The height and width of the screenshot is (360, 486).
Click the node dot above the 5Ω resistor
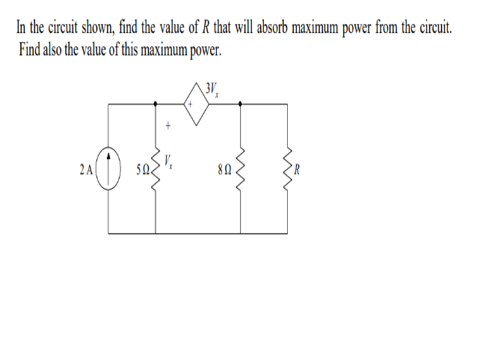158,104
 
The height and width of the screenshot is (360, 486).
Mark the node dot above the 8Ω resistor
241,104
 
